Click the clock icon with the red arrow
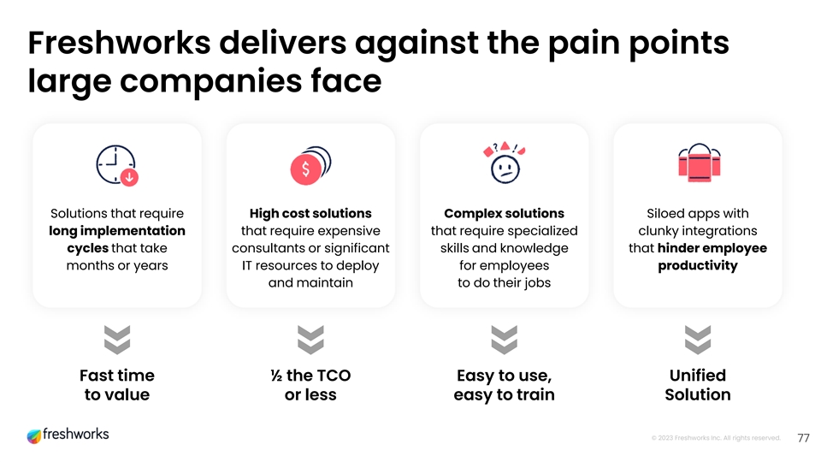(117, 165)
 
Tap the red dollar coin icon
(310, 165)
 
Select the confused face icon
(505, 163)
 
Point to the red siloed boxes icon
(699, 163)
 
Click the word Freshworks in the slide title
(120, 43)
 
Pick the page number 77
(803, 438)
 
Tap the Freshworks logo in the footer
(68, 435)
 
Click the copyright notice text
(716, 438)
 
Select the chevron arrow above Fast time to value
(117, 340)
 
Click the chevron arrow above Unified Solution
(698, 340)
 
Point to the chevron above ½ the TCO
(310, 340)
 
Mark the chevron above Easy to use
(505, 340)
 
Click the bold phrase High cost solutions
(310, 214)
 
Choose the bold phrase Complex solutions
(505, 214)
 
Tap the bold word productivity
(698, 266)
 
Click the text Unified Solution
(698, 385)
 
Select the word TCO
(334, 376)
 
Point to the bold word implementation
(133, 231)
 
